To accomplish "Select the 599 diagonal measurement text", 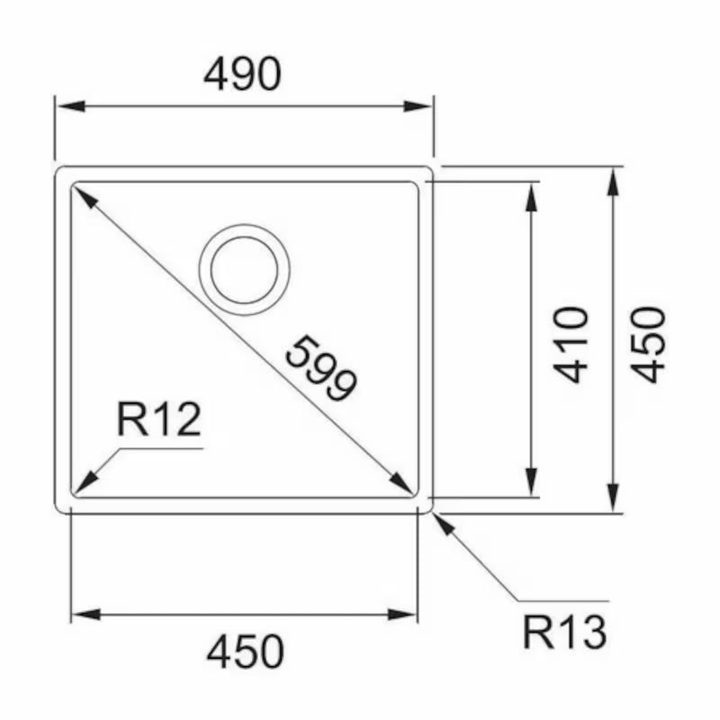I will coord(321,368).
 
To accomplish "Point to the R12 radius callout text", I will coord(158,420).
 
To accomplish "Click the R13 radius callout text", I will coord(564,634).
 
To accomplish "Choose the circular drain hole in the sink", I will coord(244,269).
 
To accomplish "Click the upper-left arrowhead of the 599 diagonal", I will coord(84,195).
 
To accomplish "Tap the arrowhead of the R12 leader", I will coord(85,484).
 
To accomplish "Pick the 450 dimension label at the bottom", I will coord(245,652).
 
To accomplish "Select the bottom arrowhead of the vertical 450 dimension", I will coord(613,498).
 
